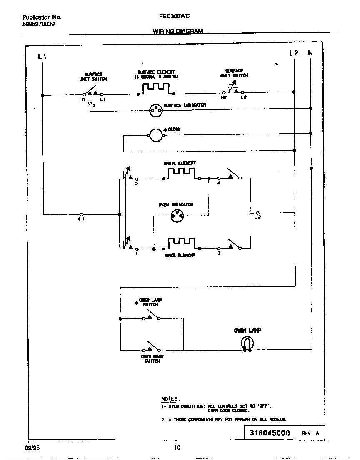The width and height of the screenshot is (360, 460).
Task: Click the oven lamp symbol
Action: pyautogui.click(x=247, y=343)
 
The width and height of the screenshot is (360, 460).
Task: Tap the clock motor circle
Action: pyautogui.click(x=155, y=134)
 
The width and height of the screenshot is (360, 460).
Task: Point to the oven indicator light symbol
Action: pyautogui.click(x=177, y=216)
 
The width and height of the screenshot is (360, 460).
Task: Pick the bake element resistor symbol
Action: pyautogui.click(x=181, y=244)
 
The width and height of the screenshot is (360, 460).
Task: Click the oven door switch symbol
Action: pyautogui.click(x=152, y=347)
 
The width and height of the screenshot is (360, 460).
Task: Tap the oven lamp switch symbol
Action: pyautogui.click(x=152, y=316)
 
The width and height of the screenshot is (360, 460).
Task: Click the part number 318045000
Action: pyautogui.click(x=270, y=433)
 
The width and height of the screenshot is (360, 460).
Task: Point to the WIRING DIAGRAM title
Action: pyautogui.click(x=177, y=31)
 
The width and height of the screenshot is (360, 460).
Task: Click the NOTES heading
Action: pyautogui.click(x=170, y=399)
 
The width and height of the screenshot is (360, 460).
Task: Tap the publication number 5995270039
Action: pyautogui.click(x=38, y=24)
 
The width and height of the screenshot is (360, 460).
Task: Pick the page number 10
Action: pyautogui.click(x=177, y=448)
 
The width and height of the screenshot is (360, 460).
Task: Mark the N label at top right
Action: pyautogui.click(x=310, y=53)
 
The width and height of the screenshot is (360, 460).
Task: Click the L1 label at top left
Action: pyautogui.click(x=42, y=56)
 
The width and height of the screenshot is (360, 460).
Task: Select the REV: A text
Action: pyautogui.click(x=310, y=433)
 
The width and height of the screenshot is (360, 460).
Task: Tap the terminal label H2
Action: pyautogui.click(x=223, y=97)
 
